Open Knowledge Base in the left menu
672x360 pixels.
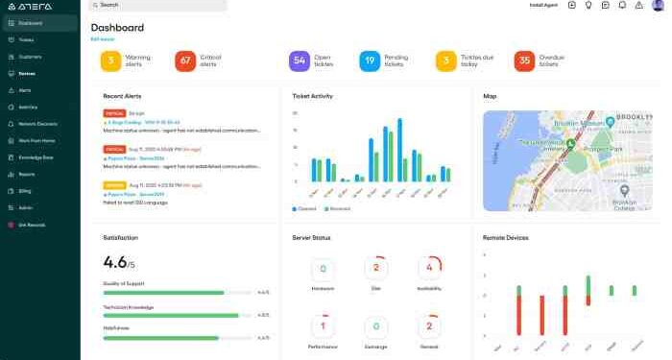click(x=36, y=156)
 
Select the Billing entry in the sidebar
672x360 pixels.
click(x=26, y=191)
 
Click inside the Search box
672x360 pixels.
click(x=158, y=5)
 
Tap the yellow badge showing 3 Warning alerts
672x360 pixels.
click(x=111, y=61)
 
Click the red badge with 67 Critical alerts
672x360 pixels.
click(x=185, y=61)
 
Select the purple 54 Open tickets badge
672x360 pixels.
click(x=299, y=61)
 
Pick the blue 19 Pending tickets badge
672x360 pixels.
click(x=370, y=61)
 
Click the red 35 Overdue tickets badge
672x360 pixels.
click(x=524, y=61)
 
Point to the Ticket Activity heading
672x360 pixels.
click(x=312, y=96)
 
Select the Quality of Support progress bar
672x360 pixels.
click(x=164, y=293)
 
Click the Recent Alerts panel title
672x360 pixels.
click(x=122, y=96)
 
